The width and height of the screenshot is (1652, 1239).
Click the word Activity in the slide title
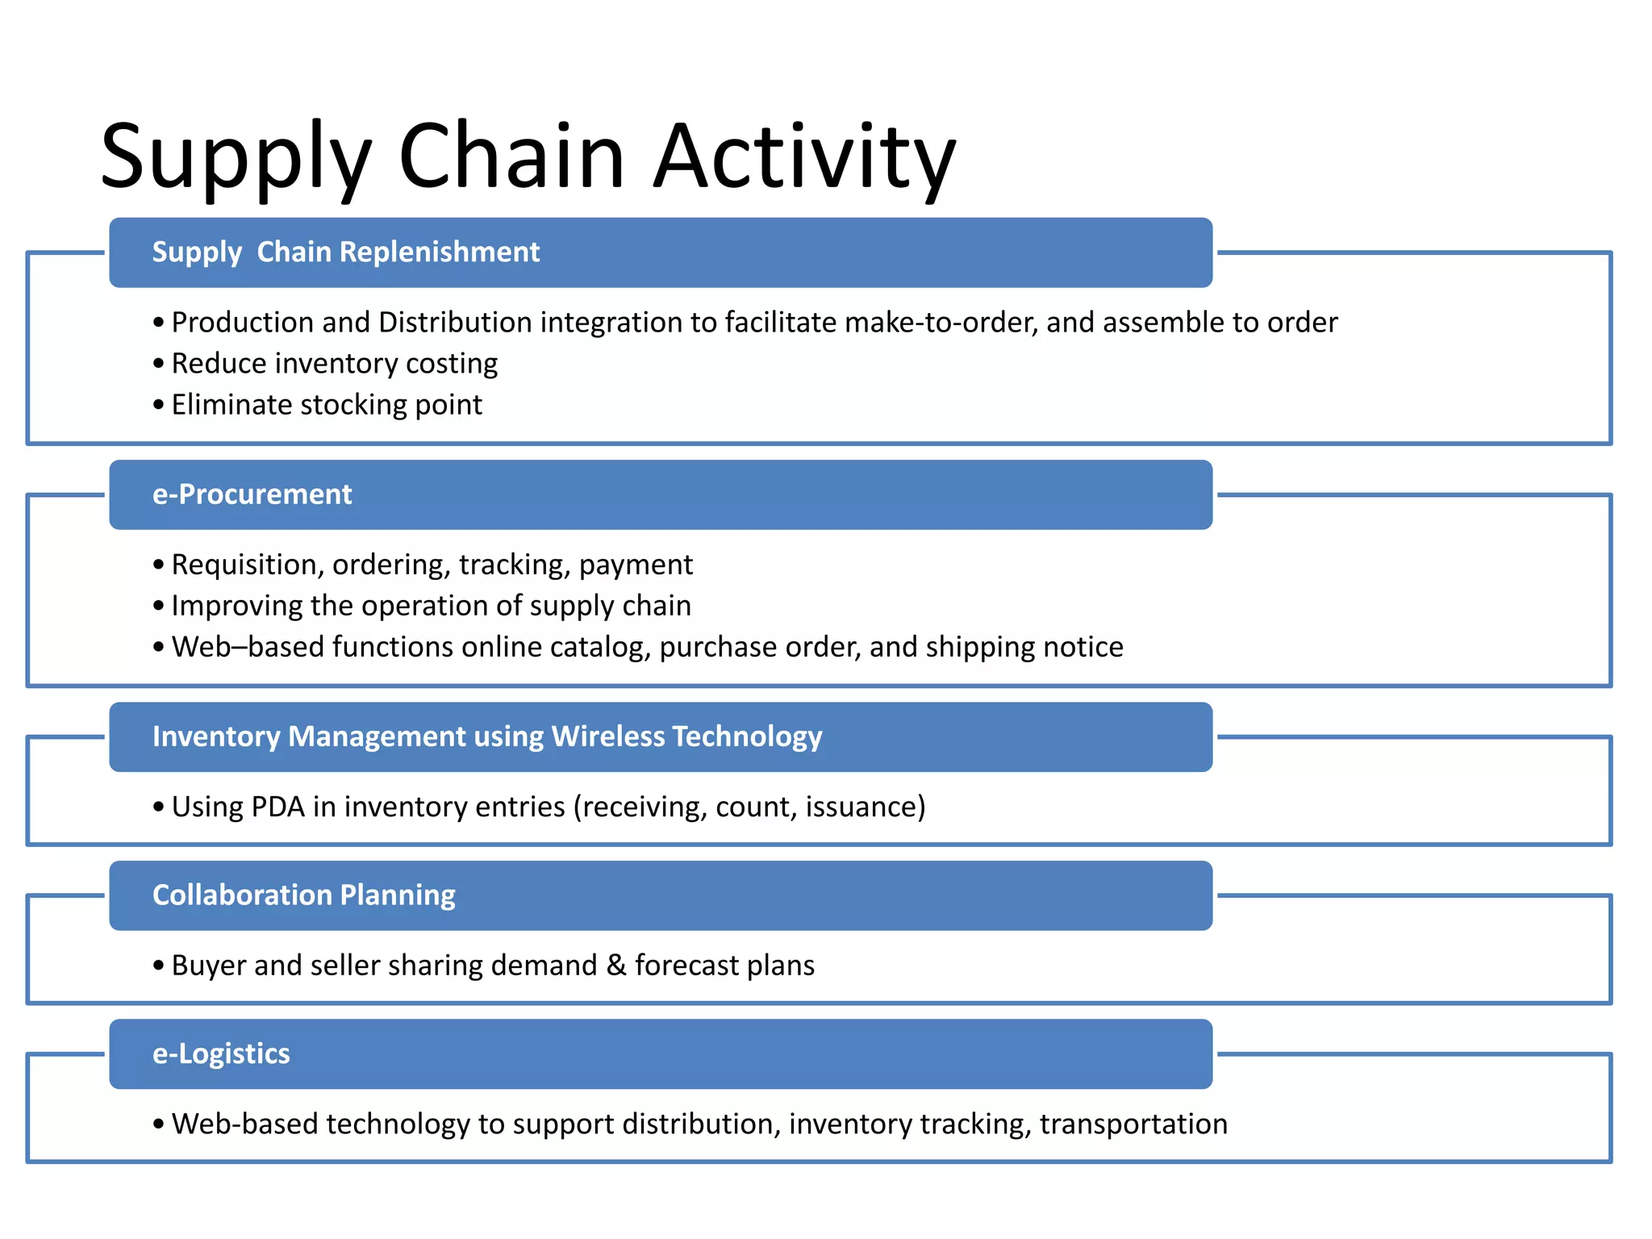(804, 157)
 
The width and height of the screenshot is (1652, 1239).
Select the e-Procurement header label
(252, 494)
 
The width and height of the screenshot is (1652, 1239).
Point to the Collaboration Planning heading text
(304, 895)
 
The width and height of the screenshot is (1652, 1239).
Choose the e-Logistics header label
(221, 1053)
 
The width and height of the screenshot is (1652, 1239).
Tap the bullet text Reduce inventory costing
(334, 364)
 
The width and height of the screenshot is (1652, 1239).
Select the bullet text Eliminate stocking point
(327, 405)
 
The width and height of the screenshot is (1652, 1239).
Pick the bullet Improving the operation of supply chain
(431, 606)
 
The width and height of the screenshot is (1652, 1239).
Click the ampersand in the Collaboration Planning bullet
(616, 966)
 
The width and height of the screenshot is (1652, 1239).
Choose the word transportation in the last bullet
(1133, 1124)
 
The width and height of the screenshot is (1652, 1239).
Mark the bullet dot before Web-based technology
(158, 1124)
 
